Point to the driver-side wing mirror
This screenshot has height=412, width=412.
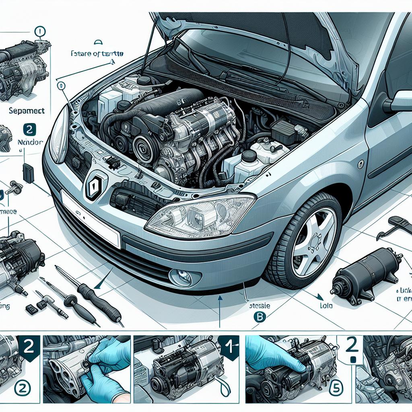tap(398, 101)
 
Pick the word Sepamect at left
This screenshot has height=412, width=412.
tap(27, 110)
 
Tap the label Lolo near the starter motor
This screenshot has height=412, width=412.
tap(327, 306)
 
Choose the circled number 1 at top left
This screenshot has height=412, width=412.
tap(40, 31)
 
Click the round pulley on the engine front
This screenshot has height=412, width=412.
tap(142, 146)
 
